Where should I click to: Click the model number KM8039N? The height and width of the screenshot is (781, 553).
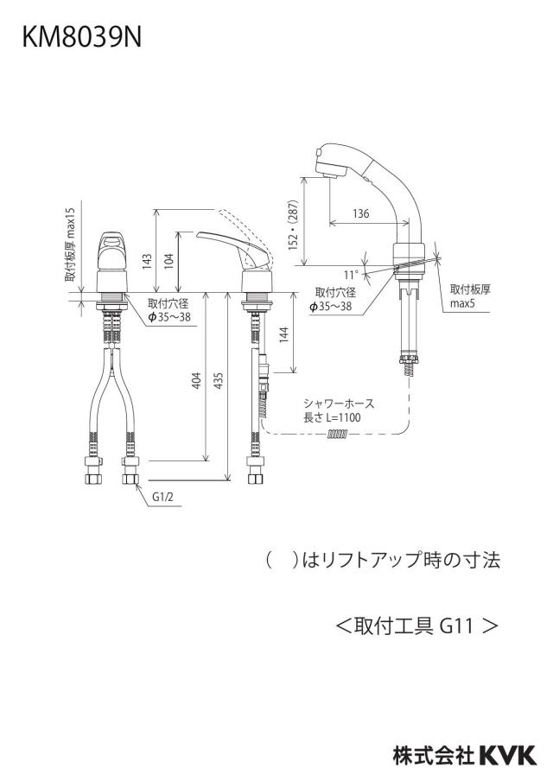point(82,37)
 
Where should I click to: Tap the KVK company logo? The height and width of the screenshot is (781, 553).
point(508,756)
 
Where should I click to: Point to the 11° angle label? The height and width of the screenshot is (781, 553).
point(350,275)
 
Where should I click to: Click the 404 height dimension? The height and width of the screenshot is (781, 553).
point(196,380)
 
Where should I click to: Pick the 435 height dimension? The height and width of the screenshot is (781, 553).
point(219,380)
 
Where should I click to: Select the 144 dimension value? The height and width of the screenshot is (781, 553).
point(284,334)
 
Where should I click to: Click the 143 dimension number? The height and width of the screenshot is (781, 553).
point(147,261)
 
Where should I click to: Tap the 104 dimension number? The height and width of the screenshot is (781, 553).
point(168,261)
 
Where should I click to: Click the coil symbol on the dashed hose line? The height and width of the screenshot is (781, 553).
point(337,435)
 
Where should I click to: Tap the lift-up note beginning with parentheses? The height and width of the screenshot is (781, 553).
point(384,561)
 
